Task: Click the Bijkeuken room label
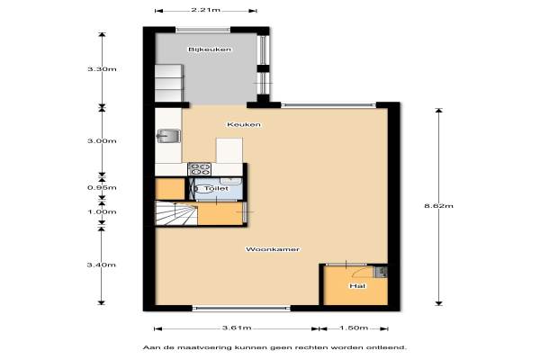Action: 210,49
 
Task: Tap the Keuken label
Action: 244,124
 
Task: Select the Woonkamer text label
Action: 273,249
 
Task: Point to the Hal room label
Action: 357,286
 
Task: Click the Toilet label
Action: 216,188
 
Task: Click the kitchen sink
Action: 168,136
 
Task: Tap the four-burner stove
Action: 200,169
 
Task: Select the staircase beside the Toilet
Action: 176,213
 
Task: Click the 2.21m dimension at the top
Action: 205,10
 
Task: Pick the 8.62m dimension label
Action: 439,206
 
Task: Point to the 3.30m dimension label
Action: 102,69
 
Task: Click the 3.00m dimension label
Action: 102,141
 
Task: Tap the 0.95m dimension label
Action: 102,188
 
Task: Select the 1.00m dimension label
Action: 102,211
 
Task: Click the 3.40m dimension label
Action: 101,265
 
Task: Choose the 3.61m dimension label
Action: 237,328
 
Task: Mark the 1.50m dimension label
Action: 354,328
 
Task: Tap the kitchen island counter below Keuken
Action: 229,150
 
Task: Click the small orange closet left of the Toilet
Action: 170,189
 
